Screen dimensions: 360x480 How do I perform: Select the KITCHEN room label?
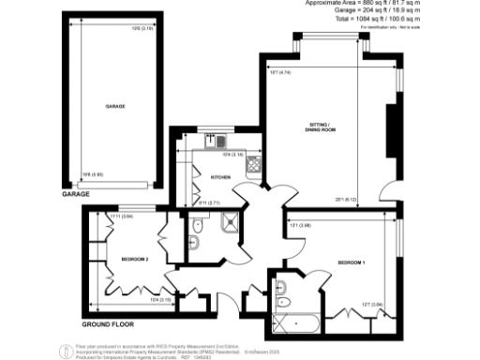(220, 176)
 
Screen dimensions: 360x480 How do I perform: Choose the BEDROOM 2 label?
(134, 259)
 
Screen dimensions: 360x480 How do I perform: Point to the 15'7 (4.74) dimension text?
(280, 71)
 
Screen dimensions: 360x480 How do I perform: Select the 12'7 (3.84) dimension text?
(371, 304)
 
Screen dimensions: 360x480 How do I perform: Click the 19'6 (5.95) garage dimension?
(92, 174)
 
